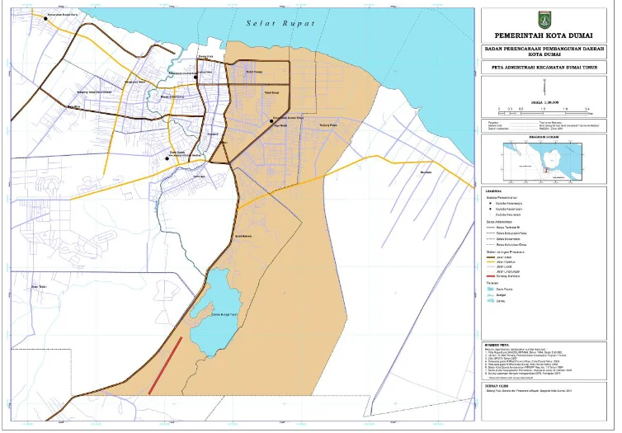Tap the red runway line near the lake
pyautogui.click(x=165, y=365)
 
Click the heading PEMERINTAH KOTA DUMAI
pyautogui.click(x=547, y=36)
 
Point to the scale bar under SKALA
pyautogui.click(x=542, y=108)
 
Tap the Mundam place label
pyautogui.click(x=426, y=172)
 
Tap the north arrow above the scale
pyautogui.click(x=547, y=88)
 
